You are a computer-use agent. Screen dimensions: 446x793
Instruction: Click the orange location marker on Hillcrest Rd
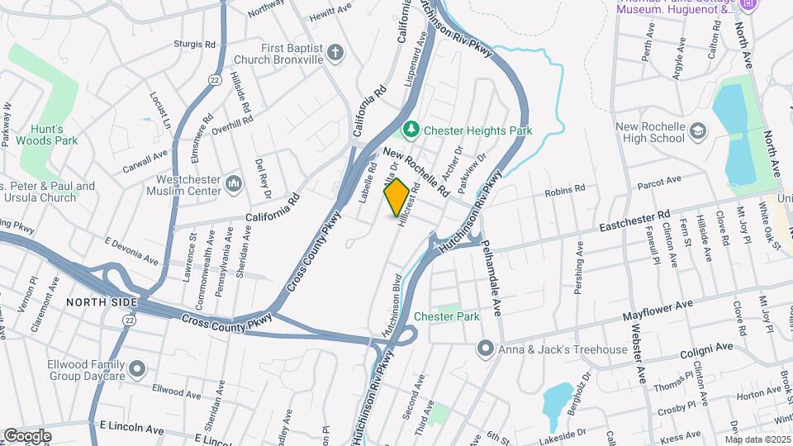396,197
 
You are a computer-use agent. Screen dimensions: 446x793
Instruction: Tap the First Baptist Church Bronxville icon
335,54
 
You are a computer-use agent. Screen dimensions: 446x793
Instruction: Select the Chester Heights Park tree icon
410,130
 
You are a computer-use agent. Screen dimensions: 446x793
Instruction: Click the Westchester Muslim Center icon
233,183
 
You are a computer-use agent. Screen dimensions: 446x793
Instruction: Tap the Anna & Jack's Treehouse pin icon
486,349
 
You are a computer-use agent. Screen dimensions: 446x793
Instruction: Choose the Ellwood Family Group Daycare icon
137,367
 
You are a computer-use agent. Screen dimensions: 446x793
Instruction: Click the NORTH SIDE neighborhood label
101,302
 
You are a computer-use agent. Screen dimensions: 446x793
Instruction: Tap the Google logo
27,435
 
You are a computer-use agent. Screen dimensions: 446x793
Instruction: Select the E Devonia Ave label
131,250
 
